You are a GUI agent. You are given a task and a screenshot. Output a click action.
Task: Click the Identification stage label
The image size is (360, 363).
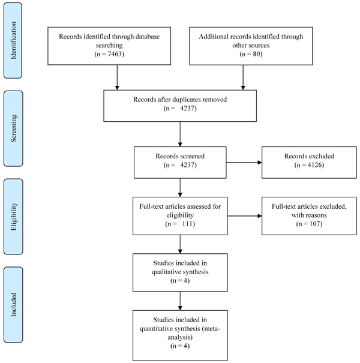13,41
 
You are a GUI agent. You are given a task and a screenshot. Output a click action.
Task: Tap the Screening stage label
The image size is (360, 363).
13,128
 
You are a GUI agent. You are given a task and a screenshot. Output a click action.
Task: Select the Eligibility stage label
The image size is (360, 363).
13,217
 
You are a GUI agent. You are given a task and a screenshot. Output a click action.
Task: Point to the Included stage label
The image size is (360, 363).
13,304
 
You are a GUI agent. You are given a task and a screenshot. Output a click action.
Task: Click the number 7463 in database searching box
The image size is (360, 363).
115,54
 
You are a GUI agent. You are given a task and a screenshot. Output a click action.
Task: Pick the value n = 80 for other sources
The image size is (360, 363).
251,54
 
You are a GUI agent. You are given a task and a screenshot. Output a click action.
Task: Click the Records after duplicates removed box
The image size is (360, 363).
180,106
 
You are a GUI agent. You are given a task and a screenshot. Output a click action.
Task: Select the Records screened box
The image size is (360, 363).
180,162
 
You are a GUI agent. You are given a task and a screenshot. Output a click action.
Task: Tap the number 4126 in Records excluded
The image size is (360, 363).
314,165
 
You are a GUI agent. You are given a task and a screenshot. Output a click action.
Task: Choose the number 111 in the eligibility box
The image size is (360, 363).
188,224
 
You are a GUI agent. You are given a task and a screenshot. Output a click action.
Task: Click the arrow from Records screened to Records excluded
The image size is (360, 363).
244,162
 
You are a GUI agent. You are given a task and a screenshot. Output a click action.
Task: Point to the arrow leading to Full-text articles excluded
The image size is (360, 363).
245,216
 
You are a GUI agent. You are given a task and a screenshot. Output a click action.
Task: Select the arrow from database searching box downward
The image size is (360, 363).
117,77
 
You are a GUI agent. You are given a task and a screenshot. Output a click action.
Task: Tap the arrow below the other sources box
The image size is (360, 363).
243,77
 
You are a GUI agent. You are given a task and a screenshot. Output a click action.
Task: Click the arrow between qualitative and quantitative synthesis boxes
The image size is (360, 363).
180,301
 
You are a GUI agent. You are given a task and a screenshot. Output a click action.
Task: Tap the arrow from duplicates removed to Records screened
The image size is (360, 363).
180,134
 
